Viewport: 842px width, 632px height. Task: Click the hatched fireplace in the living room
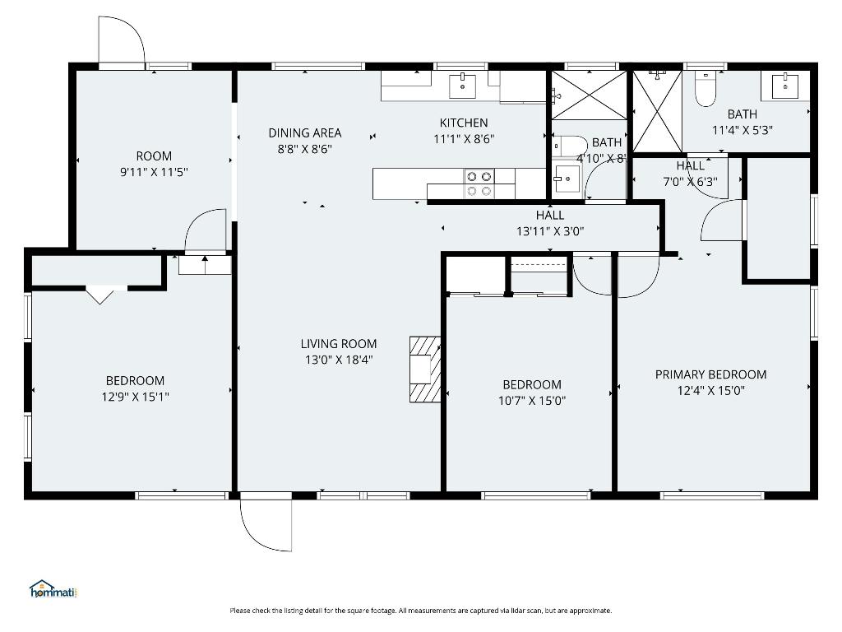coord(425,369)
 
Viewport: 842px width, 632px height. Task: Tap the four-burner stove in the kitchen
coord(479,184)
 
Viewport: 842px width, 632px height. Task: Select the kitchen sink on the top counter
coord(463,84)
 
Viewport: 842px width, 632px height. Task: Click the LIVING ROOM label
coord(338,344)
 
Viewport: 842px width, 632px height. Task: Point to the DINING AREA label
coord(305,132)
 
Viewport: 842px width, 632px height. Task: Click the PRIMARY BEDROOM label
coord(710,374)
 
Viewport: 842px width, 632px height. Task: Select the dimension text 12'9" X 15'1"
coord(135,397)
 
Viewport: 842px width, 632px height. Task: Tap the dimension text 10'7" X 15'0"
coord(532,401)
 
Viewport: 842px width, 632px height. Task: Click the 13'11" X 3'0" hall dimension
coord(550,231)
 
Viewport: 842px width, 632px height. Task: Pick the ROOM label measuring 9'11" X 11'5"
coord(154,156)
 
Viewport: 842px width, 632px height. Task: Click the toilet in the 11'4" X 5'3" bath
coord(706,89)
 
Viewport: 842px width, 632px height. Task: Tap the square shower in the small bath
coord(588,95)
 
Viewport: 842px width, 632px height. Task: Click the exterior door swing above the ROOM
coord(121,39)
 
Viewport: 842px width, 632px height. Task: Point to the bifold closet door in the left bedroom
coord(99,294)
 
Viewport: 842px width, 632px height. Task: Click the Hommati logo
coord(53,589)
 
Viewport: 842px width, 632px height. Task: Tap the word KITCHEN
coord(464,123)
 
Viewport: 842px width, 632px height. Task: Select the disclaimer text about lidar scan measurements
coord(420,611)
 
